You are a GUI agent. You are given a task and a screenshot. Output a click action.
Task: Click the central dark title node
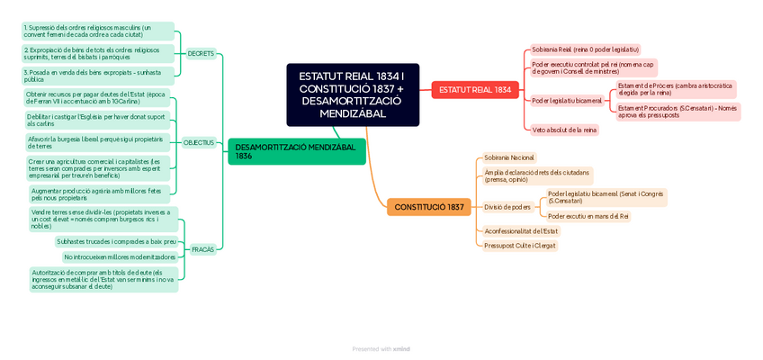click(353, 94)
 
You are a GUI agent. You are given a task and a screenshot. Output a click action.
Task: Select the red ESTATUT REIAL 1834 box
click(475, 89)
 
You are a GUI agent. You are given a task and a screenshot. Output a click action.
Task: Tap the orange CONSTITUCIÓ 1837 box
click(429, 207)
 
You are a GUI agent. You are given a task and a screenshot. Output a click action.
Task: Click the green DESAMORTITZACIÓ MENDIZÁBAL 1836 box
click(296, 151)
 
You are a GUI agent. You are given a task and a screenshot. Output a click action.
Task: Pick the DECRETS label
click(201, 53)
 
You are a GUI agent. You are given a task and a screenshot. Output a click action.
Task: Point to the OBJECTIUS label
click(199, 142)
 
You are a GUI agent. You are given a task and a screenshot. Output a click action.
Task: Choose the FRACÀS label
click(203, 249)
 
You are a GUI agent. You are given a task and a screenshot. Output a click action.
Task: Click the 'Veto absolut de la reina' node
click(564, 130)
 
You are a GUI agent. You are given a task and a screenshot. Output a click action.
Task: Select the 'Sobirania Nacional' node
click(508, 157)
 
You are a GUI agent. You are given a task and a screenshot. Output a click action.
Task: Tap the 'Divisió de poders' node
click(507, 207)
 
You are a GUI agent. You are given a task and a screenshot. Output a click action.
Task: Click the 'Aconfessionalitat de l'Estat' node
click(521, 230)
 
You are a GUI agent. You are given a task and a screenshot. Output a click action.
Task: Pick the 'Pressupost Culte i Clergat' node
click(519, 245)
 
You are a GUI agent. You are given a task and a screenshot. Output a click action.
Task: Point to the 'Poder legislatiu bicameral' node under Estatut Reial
click(567, 100)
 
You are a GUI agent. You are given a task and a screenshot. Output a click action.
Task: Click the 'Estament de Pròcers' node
click(676, 89)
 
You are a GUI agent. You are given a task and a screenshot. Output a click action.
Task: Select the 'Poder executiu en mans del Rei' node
click(588, 216)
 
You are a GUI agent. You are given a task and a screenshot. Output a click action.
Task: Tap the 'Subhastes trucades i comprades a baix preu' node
click(116, 241)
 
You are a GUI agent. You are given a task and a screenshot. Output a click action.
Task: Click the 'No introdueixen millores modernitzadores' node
click(120, 256)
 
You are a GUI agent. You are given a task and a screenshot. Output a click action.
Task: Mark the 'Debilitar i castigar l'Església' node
click(95, 120)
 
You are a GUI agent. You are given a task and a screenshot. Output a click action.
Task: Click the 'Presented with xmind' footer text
click(381, 348)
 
